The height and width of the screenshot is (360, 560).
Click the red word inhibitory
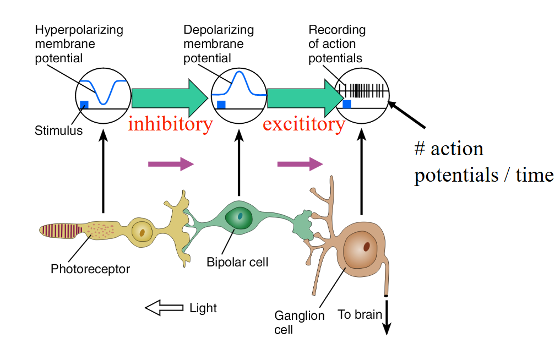click(170, 124)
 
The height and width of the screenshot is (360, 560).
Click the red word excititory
click(303, 124)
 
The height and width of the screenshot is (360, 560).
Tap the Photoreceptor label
click(90, 269)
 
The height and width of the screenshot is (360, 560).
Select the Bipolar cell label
click(237, 262)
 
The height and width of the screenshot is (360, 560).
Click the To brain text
click(360, 315)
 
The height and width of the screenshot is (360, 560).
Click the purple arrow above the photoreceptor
click(171, 163)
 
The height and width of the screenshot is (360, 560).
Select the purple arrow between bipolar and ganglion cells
click(300, 163)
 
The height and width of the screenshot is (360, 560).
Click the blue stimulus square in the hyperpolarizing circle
click(84, 105)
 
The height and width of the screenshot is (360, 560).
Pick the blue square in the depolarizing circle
click(221, 105)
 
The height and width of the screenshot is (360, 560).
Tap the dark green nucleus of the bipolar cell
click(240, 215)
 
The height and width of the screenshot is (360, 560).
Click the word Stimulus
click(58, 131)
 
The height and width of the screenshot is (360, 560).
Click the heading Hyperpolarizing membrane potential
click(79, 43)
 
